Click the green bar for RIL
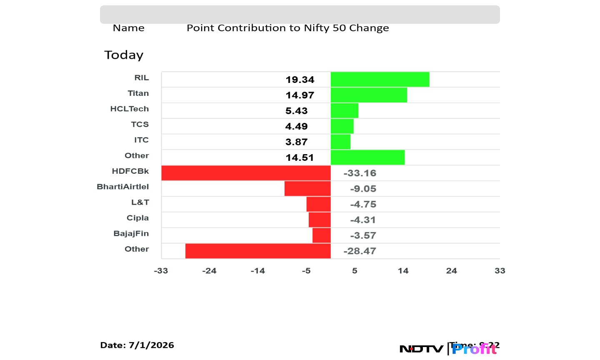click(x=380, y=79)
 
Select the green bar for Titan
click(x=369, y=95)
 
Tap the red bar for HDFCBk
click(x=246, y=173)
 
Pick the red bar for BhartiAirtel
click(x=307, y=188)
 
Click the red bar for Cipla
click(x=320, y=220)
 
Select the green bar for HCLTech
click(x=345, y=110)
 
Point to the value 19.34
click(x=300, y=80)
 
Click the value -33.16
click(x=360, y=173)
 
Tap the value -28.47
click(x=360, y=251)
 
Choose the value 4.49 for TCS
click(x=297, y=126)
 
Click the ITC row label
click(x=141, y=140)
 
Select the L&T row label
click(x=140, y=202)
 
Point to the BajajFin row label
click(x=131, y=233)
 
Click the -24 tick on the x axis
click(x=209, y=271)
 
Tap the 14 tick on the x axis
click(x=403, y=271)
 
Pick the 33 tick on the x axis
click(x=500, y=271)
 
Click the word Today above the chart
click(x=124, y=55)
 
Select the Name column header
click(x=129, y=28)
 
